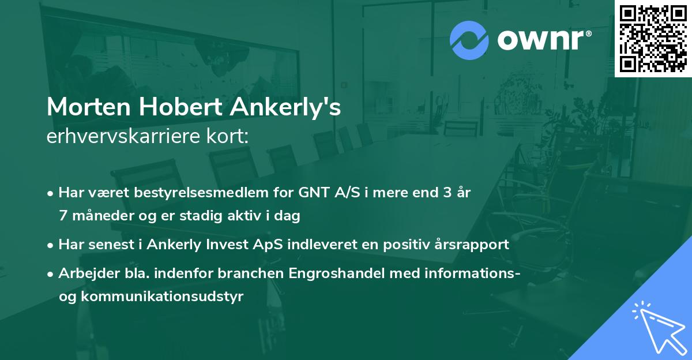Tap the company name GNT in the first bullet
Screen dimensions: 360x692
point(311,193)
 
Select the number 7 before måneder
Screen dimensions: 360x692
point(62,216)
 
